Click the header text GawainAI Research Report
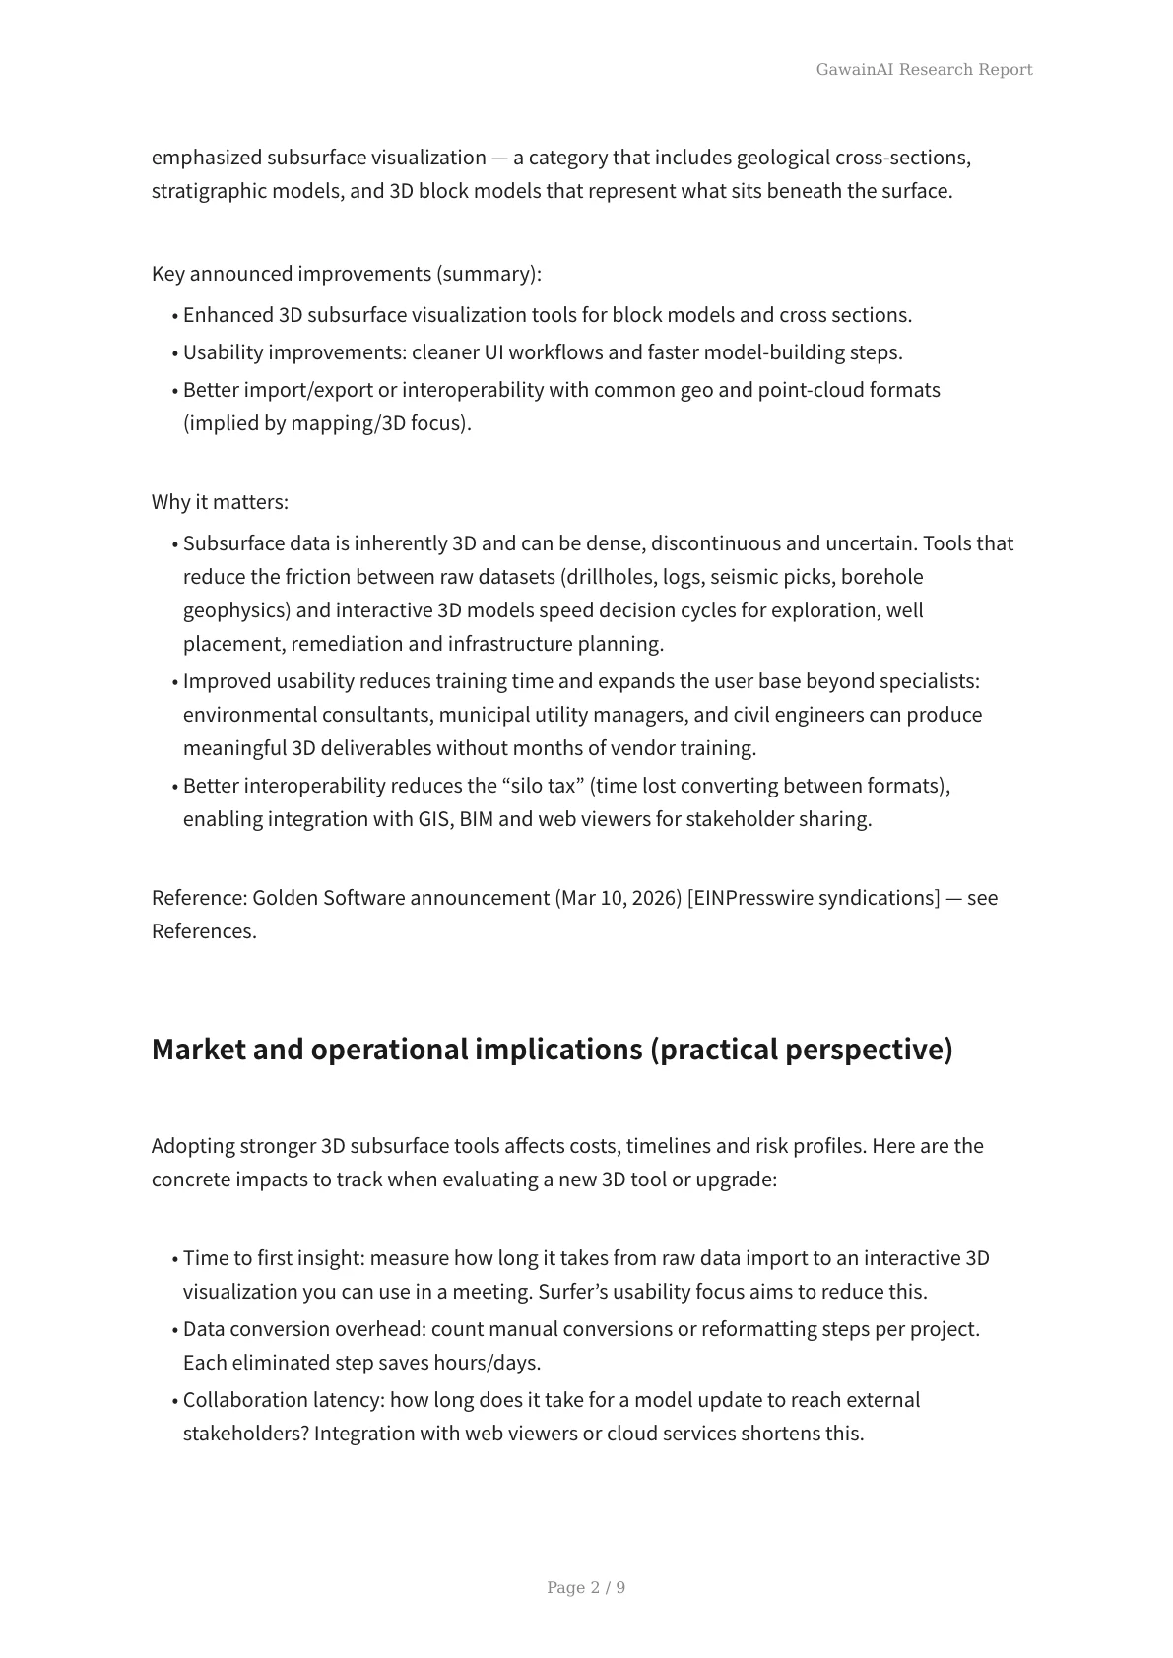(924, 69)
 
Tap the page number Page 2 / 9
(586, 1587)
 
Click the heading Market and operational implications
(552, 1050)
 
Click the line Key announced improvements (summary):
(347, 274)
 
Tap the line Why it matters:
(220, 502)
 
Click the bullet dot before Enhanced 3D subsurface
(175, 316)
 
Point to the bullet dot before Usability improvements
(175, 353)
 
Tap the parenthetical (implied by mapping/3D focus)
(327, 423)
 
